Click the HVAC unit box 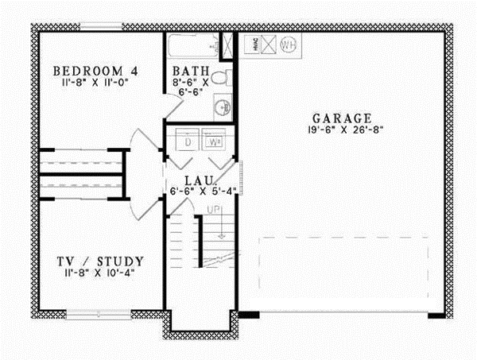click(248, 45)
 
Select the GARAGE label click(341, 116)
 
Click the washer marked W click(215, 142)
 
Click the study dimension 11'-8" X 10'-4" click(101, 273)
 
